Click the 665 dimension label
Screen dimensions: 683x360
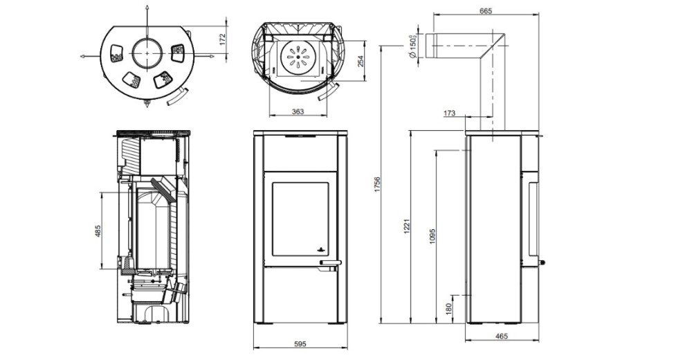click(x=485, y=11)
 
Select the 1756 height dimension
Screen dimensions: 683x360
click(x=378, y=185)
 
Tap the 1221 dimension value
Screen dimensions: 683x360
click(x=407, y=226)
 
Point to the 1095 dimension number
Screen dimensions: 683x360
click(x=432, y=235)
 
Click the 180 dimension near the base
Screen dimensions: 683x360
click(x=448, y=309)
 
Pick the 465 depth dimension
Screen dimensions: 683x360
click(x=502, y=336)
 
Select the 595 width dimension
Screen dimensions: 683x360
click(x=300, y=344)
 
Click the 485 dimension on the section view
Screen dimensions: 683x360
click(x=98, y=231)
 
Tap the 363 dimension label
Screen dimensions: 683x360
click(x=298, y=111)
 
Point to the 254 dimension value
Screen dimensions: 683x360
click(x=361, y=61)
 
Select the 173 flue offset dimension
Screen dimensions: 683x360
click(x=449, y=114)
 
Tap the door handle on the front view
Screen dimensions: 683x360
click(x=330, y=262)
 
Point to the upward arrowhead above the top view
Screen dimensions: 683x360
click(x=147, y=8)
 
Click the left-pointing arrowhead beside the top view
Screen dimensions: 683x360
click(x=83, y=56)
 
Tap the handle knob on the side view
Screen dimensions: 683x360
click(x=543, y=262)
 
